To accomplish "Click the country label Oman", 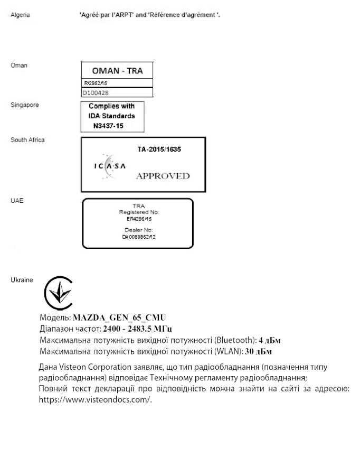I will [x=18, y=66].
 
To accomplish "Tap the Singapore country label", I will [x=24, y=105].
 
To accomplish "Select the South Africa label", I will [x=27, y=140].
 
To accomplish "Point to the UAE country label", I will [x=17, y=201].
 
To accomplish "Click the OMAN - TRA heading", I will [x=117, y=71].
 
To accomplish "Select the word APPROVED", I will [x=162, y=176].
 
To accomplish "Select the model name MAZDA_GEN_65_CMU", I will [x=119, y=318].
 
